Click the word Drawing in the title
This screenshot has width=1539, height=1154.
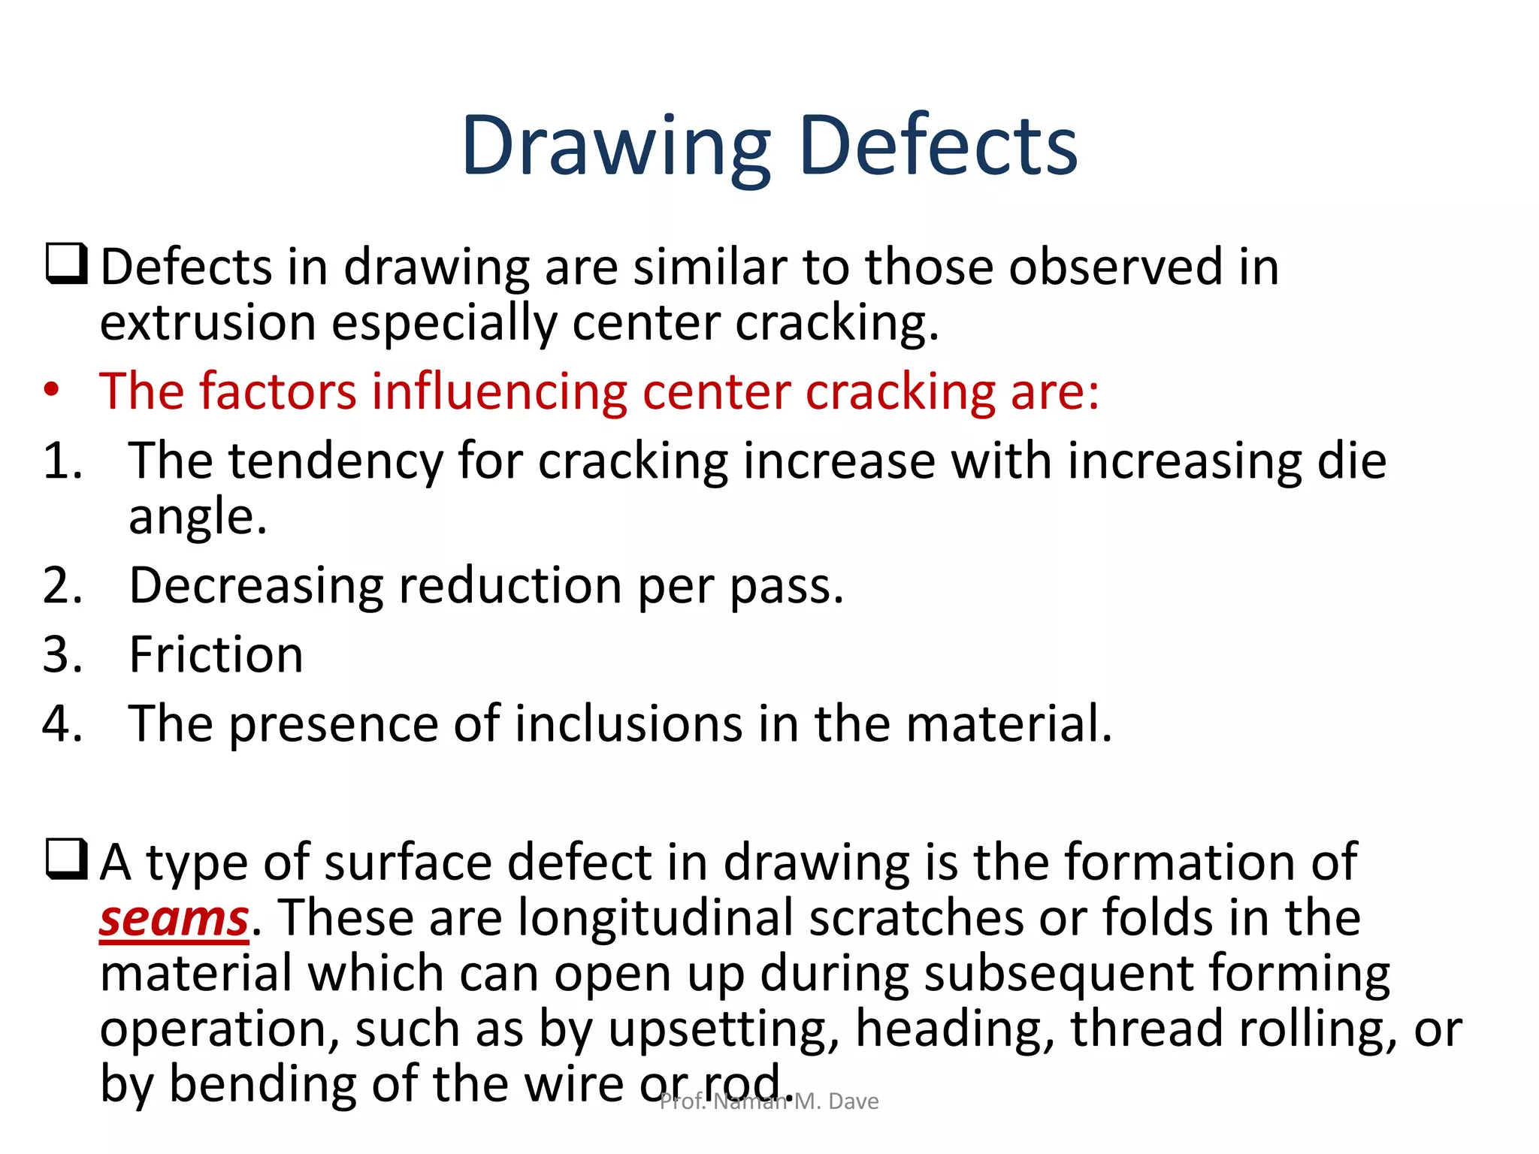[616, 146]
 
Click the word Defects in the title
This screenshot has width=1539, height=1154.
[939, 146]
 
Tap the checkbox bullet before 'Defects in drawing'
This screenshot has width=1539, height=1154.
[67, 264]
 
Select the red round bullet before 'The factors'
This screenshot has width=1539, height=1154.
[51, 391]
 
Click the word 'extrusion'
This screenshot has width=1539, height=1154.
[207, 323]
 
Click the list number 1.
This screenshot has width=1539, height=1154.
[62, 461]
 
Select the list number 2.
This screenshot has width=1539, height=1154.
[62, 585]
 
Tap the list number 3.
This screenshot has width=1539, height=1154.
[62, 654]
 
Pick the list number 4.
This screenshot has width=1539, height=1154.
[62, 724]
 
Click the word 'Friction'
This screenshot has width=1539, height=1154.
[216, 654]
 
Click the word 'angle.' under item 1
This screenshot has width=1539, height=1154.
[198, 518]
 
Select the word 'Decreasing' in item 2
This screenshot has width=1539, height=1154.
[256, 585]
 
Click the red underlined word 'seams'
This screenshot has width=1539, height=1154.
[174, 919]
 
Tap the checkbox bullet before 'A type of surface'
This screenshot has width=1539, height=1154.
[67, 859]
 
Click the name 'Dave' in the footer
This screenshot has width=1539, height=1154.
[854, 1101]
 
